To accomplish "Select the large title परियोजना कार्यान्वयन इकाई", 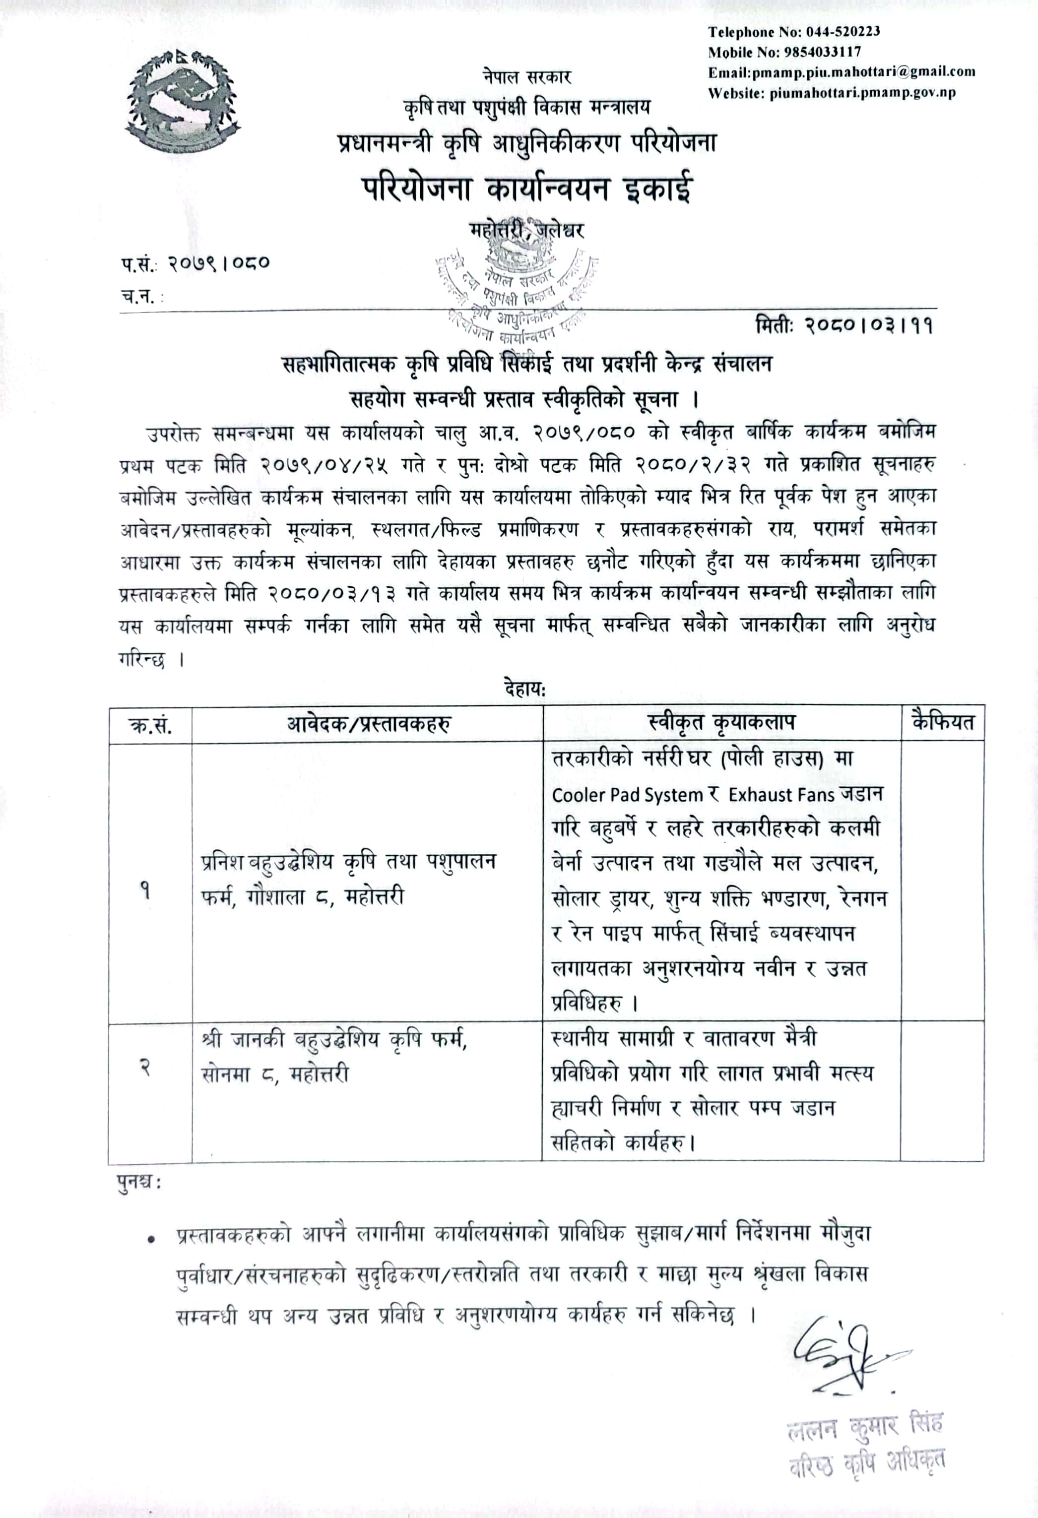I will point(527,189).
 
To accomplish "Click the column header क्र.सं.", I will point(151,724).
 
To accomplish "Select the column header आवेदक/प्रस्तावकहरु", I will point(368,724).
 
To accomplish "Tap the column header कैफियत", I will point(943,722).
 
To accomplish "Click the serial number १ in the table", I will point(145,891).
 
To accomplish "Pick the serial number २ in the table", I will point(145,1069).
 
